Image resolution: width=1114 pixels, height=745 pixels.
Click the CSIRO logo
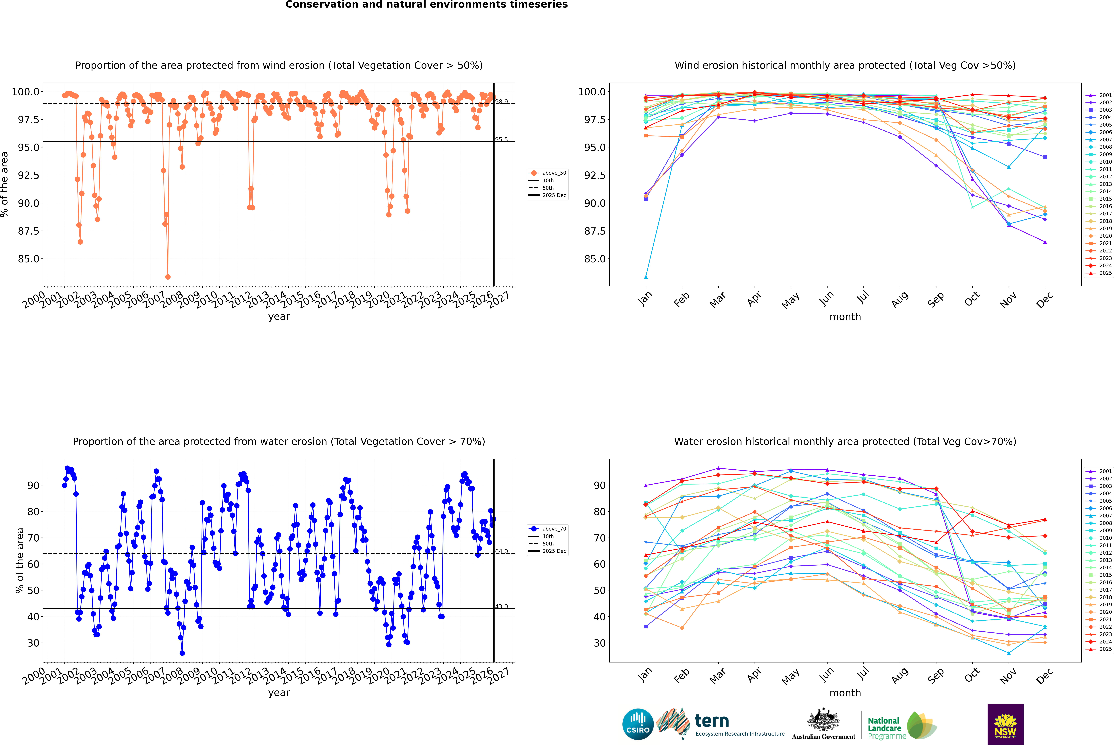(638, 724)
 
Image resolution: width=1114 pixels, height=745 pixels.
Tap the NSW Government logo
(1005, 724)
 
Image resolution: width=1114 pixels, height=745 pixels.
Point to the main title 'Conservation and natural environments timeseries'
(426, 5)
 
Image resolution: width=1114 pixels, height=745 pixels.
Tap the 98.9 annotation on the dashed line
(501, 102)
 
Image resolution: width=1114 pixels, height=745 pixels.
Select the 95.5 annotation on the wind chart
(501, 140)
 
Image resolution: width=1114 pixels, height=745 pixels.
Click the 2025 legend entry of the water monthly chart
(1105, 649)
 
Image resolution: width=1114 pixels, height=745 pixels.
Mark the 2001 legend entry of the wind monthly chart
(1105, 95)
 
